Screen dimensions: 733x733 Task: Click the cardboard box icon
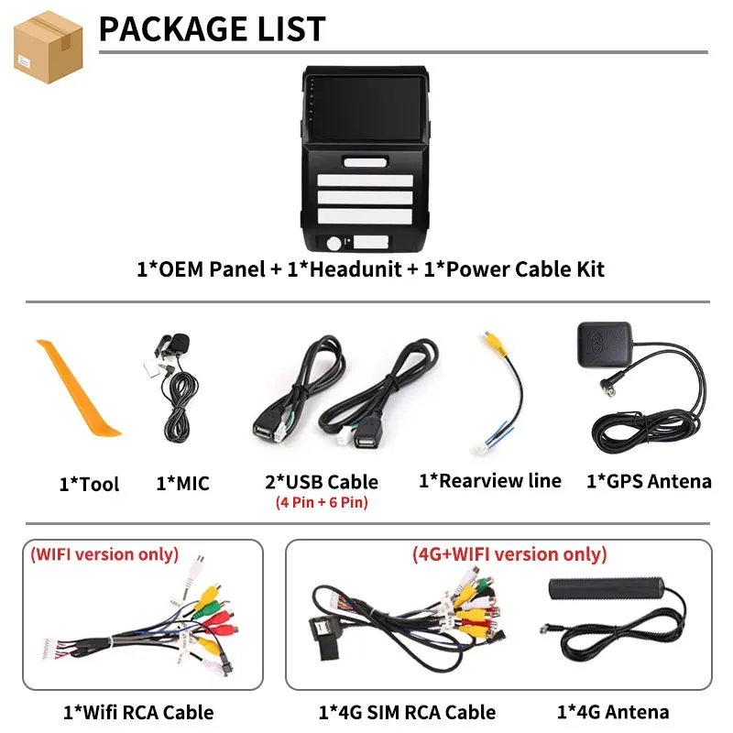[x=49, y=48]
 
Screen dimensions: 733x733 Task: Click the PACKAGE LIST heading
[x=213, y=29]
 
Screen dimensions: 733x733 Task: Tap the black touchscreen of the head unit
[x=365, y=109]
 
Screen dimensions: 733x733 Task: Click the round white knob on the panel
[x=334, y=243]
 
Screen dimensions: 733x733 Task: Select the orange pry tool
[x=77, y=388]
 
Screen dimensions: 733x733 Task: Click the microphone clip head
[x=179, y=343]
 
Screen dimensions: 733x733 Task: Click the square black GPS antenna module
[x=605, y=345]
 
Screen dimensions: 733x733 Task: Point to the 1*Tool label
[x=89, y=484]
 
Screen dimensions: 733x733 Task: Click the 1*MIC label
[x=182, y=484]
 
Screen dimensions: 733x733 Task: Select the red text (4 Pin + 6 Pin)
[x=322, y=502]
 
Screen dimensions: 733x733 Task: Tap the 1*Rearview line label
[x=490, y=480]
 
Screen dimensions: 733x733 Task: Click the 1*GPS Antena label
[x=649, y=481]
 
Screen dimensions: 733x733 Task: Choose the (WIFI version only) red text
[x=104, y=554]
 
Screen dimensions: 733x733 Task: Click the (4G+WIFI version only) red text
[x=509, y=554]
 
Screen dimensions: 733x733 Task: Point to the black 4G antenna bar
[x=607, y=589]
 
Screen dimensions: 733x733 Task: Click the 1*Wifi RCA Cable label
[x=138, y=713]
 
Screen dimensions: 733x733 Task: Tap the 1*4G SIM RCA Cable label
[x=407, y=713]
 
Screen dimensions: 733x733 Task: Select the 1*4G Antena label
[x=613, y=712]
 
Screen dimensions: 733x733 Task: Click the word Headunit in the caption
[x=356, y=269]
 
